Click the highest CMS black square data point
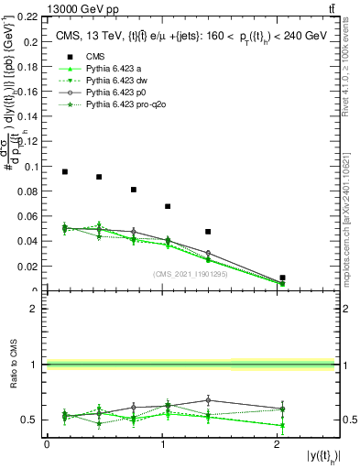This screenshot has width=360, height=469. pos(65,171)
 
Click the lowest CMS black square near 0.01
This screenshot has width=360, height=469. pos(283,278)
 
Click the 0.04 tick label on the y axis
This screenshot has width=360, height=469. pos(30,241)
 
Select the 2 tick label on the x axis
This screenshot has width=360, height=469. pos(278,444)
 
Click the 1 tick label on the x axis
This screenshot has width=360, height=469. pos(162,444)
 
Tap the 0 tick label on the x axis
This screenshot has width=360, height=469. pos(47,444)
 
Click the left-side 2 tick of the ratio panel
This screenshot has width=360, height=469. pos(34,309)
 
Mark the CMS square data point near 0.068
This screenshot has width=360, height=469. pos(168,206)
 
